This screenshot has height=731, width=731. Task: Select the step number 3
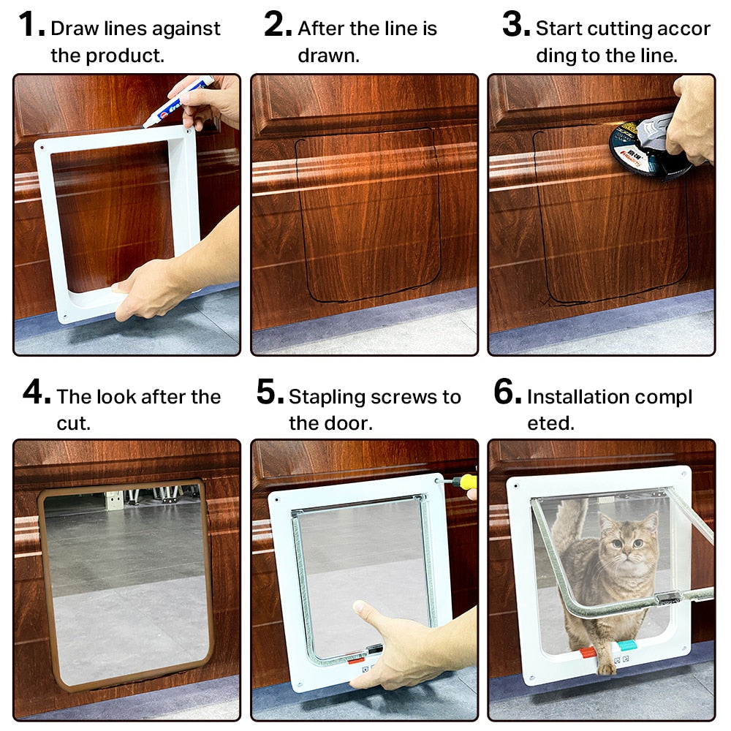click(x=515, y=26)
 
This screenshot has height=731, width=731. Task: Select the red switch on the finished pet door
click(x=588, y=652)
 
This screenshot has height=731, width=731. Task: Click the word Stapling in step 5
click(x=327, y=397)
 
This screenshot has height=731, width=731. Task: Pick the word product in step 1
click(x=124, y=56)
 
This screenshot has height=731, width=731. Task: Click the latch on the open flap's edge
click(x=667, y=598)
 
